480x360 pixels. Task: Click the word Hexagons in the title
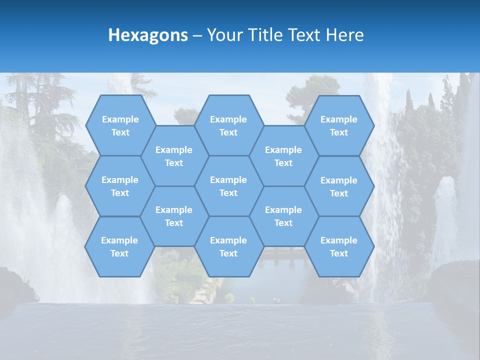pyautogui.click(x=148, y=35)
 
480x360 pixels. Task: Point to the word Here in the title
pyautogui.click(x=344, y=35)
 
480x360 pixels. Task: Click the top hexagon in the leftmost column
pyautogui.click(x=120, y=125)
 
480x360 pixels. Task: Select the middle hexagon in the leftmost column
pyautogui.click(x=120, y=186)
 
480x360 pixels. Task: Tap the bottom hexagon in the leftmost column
pyautogui.click(x=119, y=246)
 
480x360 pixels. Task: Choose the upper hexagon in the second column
pyautogui.click(x=174, y=156)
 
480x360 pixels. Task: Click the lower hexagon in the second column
pyautogui.click(x=174, y=216)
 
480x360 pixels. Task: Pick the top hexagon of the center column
pyautogui.click(x=228, y=125)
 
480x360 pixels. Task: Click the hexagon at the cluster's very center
pyautogui.click(x=228, y=186)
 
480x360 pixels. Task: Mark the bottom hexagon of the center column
pyautogui.click(x=228, y=246)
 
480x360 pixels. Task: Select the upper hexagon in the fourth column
pyautogui.click(x=283, y=156)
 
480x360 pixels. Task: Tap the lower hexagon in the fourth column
pyautogui.click(x=283, y=216)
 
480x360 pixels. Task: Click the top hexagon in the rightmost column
pyautogui.click(x=339, y=125)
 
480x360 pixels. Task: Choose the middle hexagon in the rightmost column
pyautogui.click(x=339, y=186)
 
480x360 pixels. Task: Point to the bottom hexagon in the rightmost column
pyautogui.click(x=339, y=246)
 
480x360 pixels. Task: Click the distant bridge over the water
pyautogui.click(x=285, y=253)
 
